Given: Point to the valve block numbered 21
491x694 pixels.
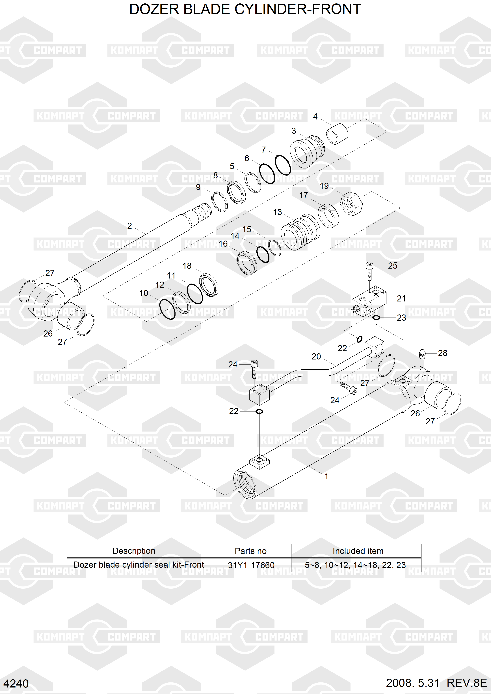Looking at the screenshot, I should coord(369,303).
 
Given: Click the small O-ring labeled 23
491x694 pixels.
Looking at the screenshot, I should coord(376,317).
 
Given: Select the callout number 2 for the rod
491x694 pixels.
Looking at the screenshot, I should coord(129,226).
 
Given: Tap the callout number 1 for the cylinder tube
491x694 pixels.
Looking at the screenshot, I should coord(326,476).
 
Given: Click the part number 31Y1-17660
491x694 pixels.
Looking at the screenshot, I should coord(251,565).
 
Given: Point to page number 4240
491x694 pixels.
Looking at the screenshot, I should coord(16,683).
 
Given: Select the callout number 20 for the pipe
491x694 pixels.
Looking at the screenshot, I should coord(316,357).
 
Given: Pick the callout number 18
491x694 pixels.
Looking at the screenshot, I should coord(187,266).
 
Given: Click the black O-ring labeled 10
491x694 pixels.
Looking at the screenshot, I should coord(167,309).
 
